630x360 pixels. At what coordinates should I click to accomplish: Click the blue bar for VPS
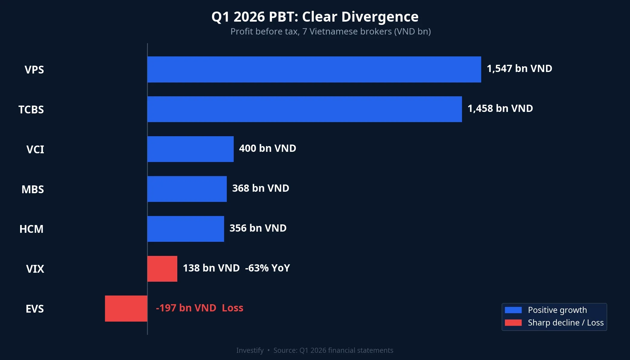click(x=314, y=69)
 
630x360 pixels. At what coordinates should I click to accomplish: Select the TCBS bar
click(x=304, y=109)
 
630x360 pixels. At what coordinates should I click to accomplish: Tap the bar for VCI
click(x=190, y=149)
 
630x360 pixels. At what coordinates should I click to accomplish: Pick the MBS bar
click(x=187, y=189)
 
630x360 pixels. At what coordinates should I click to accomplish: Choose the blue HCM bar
click(x=186, y=229)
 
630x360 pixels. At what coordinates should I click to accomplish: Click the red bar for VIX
click(x=162, y=269)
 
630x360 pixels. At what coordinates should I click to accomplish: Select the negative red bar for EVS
click(x=126, y=308)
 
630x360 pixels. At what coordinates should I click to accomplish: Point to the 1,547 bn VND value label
click(x=519, y=69)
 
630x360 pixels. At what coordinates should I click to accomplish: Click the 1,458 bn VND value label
click(x=500, y=109)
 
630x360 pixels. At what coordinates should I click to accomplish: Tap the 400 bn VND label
click(x=267, y=148)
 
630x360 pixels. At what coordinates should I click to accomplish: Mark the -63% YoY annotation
click(x=267, y=268)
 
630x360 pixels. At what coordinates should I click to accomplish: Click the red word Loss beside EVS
click(x=232, y=308)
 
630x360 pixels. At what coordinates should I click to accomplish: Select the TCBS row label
click(x=31, y=110)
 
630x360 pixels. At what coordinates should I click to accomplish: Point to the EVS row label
click(x=35, y=309)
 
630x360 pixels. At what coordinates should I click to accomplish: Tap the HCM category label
click(x=31, y=229)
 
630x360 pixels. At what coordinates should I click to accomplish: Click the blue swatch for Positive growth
click(x=513, y=310)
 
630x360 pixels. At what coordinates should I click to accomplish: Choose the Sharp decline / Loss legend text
click(x=565, y=323)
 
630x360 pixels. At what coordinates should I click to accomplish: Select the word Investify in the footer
click(x=250, y=350)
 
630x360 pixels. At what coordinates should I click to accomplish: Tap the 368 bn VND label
click(x=260, y=188)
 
